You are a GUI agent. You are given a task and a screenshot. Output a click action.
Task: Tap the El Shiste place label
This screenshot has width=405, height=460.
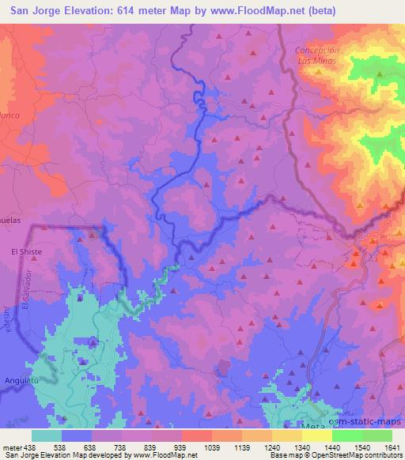pyautogui.click(x=25, y=251)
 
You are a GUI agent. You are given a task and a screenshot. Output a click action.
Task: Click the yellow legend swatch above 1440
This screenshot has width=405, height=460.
pyautogui.click(x=316, y=435)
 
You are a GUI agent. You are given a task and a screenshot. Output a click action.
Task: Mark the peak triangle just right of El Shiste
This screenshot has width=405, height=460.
pyautogui.click(x=93, y=234)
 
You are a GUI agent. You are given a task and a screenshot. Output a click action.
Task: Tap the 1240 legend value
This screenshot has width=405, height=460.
pyautogui.click(x=261, y=447)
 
